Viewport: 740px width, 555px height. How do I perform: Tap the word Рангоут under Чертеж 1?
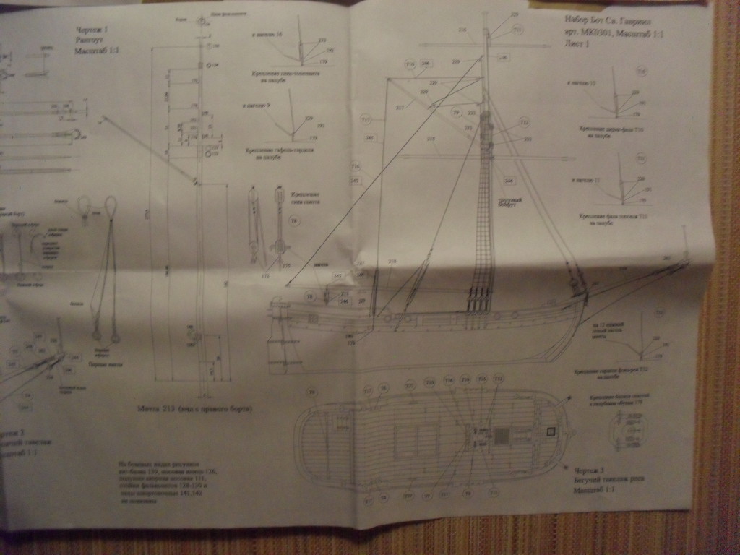90,40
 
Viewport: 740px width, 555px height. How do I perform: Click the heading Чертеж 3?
586,470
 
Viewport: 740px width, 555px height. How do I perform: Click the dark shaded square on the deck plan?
502,436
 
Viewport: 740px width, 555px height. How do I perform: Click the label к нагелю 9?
257,106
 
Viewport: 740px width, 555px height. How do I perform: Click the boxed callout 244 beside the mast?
509,180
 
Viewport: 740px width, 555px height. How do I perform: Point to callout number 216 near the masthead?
462,30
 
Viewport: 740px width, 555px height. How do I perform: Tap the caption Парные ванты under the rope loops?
106,364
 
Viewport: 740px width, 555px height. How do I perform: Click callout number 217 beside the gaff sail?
400,107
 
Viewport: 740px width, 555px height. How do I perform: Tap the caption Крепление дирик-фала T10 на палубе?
606,131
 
